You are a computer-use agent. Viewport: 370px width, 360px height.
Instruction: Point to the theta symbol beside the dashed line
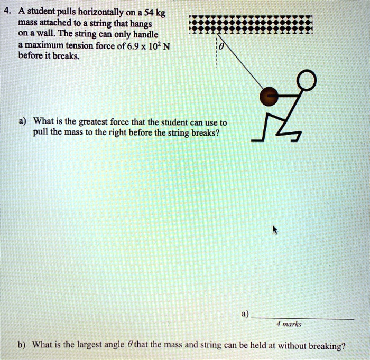pyautogui.click(x=222, y=46)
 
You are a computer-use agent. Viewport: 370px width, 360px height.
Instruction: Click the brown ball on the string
pyautogui.click(x=270, y=96)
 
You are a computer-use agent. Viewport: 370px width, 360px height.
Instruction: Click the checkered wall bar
pyautogui.click(x=252, y=24)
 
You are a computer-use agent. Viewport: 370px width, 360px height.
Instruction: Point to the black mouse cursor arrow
pyautogui.click(x=274, y=230)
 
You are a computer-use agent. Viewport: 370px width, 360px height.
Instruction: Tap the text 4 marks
pyautogui.click(x=289, y=325)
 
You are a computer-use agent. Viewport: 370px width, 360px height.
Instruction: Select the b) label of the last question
pyautogui.click(x=22, y=346)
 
